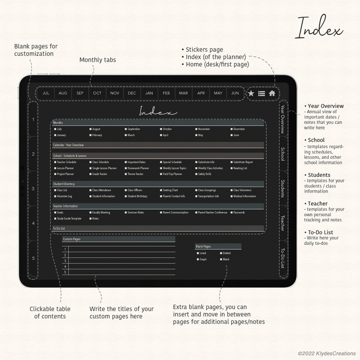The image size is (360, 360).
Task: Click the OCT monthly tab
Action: tap(97, 93)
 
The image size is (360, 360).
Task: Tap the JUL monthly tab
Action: tap(46, 93)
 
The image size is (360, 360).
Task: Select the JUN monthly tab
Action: tap(235, 93)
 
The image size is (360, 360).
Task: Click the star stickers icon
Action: tap(251, 93)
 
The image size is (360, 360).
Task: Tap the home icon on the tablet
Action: tap(272, 93)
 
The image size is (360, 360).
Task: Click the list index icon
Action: tap(262, 93)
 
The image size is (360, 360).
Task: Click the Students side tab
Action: tap(282, 188)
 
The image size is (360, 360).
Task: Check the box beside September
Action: tap(126, 129)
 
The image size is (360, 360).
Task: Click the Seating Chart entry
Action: tap(170, 190)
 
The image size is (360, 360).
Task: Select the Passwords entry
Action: tap(239, 212)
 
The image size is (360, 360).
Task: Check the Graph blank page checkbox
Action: tap(198, 259)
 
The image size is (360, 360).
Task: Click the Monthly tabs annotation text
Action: tap(97, 60)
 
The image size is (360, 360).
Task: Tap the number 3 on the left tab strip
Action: tap(33, 188)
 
